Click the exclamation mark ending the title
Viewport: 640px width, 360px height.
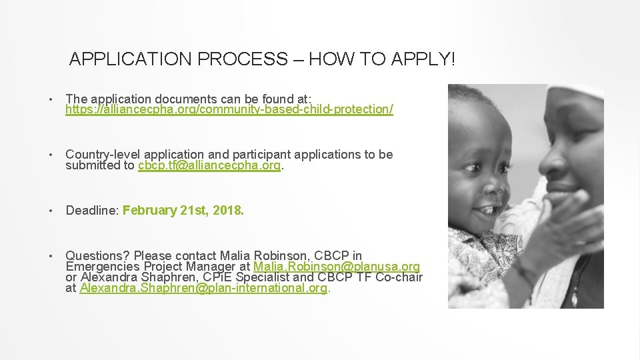[x=453, y=59]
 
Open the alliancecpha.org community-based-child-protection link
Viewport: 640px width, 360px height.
[x=229, y=109]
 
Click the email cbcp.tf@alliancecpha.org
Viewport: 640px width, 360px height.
[x=209, y=166]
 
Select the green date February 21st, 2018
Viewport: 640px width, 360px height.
[x=183, y=211]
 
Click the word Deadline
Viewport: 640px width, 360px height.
[x=91, y=211]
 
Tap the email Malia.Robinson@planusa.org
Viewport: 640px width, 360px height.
[x=337, y=267]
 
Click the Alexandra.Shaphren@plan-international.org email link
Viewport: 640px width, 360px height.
[x=203, y=289]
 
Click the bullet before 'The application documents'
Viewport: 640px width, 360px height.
[x=51, y=100]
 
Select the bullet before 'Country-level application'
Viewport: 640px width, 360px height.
[x=51, y=155]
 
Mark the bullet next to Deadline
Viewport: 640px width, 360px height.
[x=51, y=211]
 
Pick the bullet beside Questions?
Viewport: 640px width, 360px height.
[x=51, y=256]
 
